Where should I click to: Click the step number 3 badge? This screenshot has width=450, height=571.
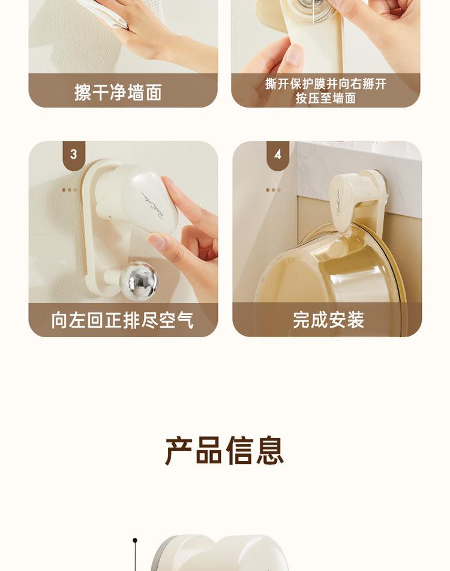tap(74, 155)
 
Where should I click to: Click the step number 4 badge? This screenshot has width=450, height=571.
tap(278, 155)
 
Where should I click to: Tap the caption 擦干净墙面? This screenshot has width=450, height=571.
tap(118, 92)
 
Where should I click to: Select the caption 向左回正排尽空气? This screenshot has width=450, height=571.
tap(122, 320)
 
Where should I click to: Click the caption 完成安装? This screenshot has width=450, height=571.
tap(328, 320)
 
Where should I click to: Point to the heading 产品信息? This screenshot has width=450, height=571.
tap(224, 451)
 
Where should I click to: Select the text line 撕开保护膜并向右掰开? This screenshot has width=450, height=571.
tap(326, 84)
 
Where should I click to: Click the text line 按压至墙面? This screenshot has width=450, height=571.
tap(326, 98)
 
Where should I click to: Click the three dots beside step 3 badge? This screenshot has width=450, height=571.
tap(69, 190)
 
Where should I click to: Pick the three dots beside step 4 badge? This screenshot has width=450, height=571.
tap(274, 190)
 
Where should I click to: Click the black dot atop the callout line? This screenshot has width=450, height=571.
tap(135, 540)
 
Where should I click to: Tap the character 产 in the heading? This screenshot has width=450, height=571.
tap(179, 451)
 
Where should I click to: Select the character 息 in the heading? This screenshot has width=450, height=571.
tap(270, 451)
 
